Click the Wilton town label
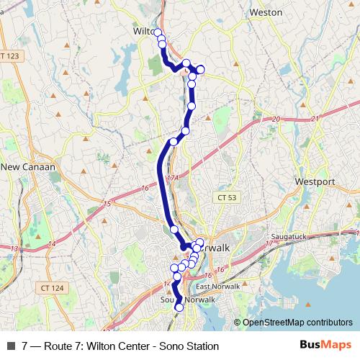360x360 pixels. coord(144,32)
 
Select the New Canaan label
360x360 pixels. coord(29,167)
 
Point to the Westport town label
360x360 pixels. coord(315,182)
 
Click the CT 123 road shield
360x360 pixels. coord(11,55)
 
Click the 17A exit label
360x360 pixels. coord(171,177)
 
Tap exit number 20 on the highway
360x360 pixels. coord(275,120)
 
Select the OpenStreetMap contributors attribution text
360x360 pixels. coord(297,323)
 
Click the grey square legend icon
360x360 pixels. coord(10,346)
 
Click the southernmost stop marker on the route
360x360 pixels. coord(179,307)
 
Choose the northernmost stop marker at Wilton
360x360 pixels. coord(158,32)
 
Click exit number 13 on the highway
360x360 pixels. coord(14,248)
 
